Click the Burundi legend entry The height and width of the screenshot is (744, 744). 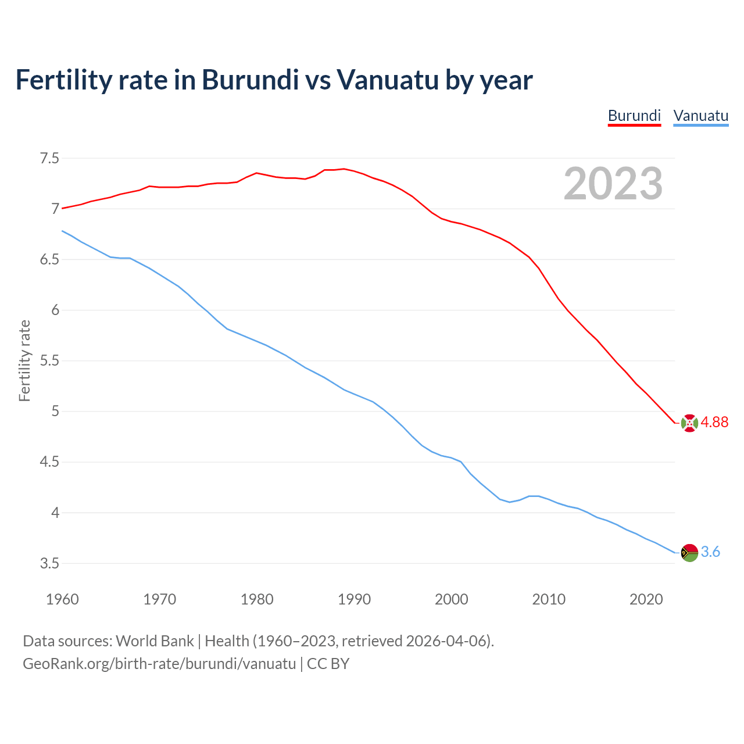tap(634, 116)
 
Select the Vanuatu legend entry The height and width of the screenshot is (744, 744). tap(700, 116)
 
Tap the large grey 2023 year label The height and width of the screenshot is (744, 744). tap(613, 184)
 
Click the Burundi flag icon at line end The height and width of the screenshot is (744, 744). tap(689, 423)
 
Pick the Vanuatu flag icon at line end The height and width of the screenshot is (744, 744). tap(689, 553)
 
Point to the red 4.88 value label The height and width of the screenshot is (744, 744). tap(714, 423)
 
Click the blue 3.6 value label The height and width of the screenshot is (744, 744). tap(710, 552)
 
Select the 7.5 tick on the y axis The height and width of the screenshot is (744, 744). tap(49, 158)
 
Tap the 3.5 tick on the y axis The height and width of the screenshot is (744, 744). tap(49, 564)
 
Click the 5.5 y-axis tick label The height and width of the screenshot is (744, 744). tap(49, 361)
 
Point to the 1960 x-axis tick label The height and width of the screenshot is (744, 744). tap(62, 599)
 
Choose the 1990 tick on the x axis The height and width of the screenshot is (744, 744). tap(354, 599)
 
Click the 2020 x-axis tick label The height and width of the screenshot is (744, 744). tap(646, 599)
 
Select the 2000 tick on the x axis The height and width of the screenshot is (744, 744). tap(451, 599)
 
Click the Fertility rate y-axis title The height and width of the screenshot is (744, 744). tap(24, 360)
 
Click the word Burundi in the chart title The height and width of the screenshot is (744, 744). tap(250, 80)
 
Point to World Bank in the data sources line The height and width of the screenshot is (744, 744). tap(155, 641)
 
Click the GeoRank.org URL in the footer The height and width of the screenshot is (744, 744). tap(159, 664)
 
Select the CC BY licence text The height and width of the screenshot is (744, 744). tap(328, 664)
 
